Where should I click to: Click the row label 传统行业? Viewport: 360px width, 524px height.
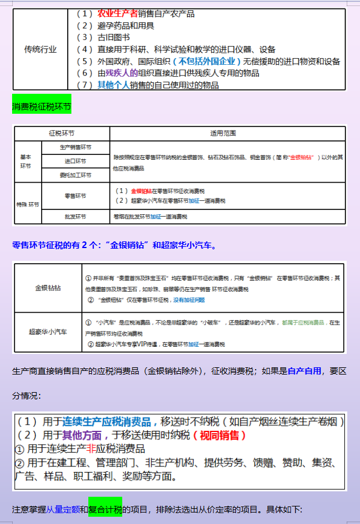click(x=41, y=50)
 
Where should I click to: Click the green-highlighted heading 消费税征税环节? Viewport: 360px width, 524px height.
click(x=42, y=107)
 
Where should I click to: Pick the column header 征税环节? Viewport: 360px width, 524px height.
click(x=62, y=133)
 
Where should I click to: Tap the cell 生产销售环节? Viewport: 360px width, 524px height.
click(x=76, y=147)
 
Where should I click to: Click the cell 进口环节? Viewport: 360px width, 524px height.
click(x=76, y=162)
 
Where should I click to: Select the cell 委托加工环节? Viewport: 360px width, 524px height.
click(x=76, y=175)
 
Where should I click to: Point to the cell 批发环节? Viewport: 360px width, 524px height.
click(x=76, y=217)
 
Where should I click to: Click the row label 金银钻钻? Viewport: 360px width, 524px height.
click(x=48, y=288)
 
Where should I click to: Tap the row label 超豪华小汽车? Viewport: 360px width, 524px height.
click(x=48, y=332)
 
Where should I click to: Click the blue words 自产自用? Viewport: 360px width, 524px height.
click(x=304, y=371)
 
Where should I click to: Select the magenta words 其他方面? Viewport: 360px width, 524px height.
click(x=79, y=435)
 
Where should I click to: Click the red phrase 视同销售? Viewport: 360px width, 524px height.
click(x=223, y=435)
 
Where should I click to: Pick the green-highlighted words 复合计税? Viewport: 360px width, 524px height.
click(x=105, y=509)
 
